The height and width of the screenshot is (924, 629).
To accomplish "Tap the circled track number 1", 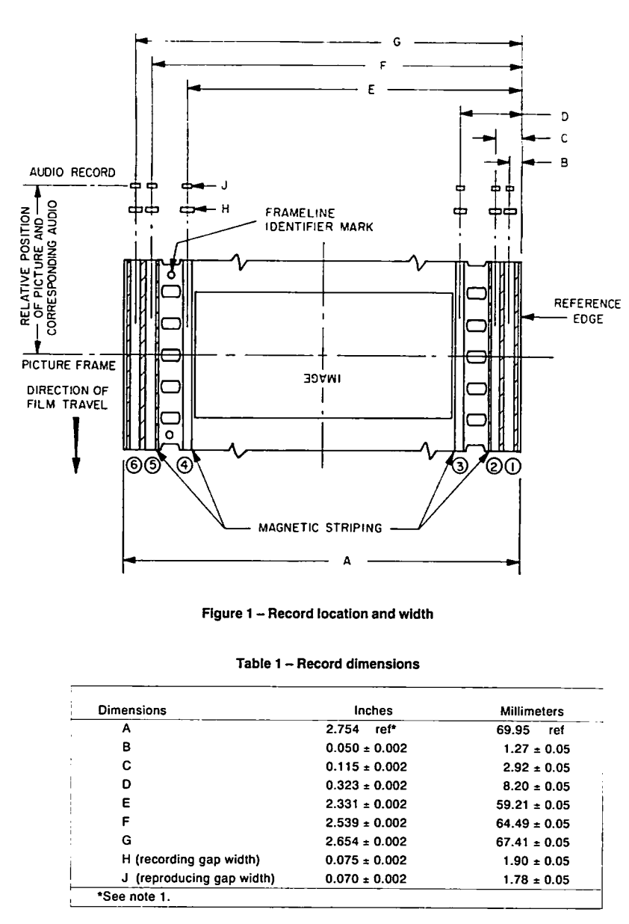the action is pyautogui.click(x=512, y=466).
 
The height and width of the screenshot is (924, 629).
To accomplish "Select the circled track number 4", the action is pyautogui.click(x=185, y=465).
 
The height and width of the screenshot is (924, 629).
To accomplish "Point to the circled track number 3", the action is pyautogui.click(x=459, y=466).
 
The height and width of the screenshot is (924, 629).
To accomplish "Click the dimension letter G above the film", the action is pyautogui.click(x=397, y=42).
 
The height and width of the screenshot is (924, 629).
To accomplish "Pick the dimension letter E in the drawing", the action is pyautogui.click(x=371, y=90).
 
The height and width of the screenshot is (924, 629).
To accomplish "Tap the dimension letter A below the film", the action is pyautogui.click(x=347, y=561).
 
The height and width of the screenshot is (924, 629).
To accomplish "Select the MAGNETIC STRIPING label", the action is pyautogui.click(x=320, y=528).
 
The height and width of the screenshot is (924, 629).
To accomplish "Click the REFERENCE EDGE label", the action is pyautogui.click(x=587, y=311).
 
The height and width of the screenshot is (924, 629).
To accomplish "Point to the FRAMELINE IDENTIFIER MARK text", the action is pyautogui.click(x=319, y=220).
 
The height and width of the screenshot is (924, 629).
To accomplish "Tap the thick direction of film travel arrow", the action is pyautogui.click(x=76, y=445).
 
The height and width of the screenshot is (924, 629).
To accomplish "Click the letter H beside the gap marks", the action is pyautogui.click(x=225, y=209).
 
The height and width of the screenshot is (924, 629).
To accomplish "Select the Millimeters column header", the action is pyautogui.click(x=532, y=711).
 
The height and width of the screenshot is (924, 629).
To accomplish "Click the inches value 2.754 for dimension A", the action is pyautogui.click(x=342, y=730).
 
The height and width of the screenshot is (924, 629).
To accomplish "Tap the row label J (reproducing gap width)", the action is pyautogui.click(x=198, y=878).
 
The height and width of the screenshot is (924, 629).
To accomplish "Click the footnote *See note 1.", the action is pyautogui.click(x=134, y=896).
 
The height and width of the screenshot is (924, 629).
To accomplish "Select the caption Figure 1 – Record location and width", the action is pyautogui.click(x=317, y=614).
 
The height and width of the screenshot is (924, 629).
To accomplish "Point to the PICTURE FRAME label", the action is pyautogui.click(x=69, y=366).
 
